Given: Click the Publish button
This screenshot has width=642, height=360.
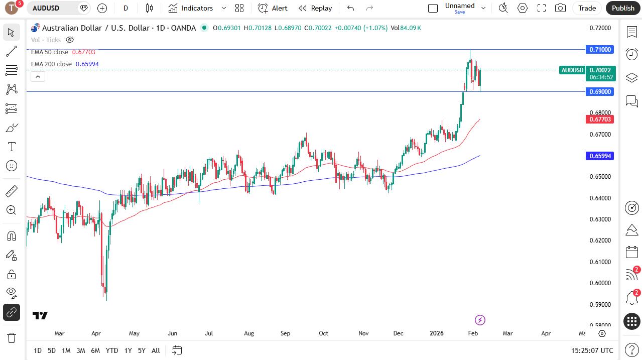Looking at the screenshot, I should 623,8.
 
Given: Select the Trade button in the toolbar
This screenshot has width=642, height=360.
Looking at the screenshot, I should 587,8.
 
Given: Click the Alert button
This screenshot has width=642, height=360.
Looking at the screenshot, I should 273,8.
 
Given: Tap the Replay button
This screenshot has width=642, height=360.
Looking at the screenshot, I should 315,8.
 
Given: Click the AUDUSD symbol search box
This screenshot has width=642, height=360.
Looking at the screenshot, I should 53,8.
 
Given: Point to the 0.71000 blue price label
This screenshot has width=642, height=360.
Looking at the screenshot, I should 600,49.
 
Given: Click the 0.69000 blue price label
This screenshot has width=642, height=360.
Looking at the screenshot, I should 600,91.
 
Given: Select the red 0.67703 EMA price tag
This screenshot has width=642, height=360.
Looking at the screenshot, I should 600,119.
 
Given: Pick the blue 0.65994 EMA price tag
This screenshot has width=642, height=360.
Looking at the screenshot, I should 600,156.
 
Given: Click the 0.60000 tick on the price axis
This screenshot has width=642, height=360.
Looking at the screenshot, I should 600,283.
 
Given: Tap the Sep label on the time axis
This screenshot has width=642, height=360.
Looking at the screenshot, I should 286,333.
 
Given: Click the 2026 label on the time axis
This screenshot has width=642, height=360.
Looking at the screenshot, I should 437,333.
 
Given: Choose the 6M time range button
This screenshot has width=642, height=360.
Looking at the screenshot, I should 95,350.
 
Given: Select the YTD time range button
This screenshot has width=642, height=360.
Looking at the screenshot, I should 112,350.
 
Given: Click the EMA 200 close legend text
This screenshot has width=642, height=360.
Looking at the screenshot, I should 51,64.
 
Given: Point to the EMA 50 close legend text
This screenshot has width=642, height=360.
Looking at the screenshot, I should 50,52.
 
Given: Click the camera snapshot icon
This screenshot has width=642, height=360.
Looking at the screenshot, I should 560,8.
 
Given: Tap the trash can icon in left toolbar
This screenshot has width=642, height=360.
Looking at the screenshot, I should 11,337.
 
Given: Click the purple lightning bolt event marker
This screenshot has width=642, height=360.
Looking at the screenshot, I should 480,320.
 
